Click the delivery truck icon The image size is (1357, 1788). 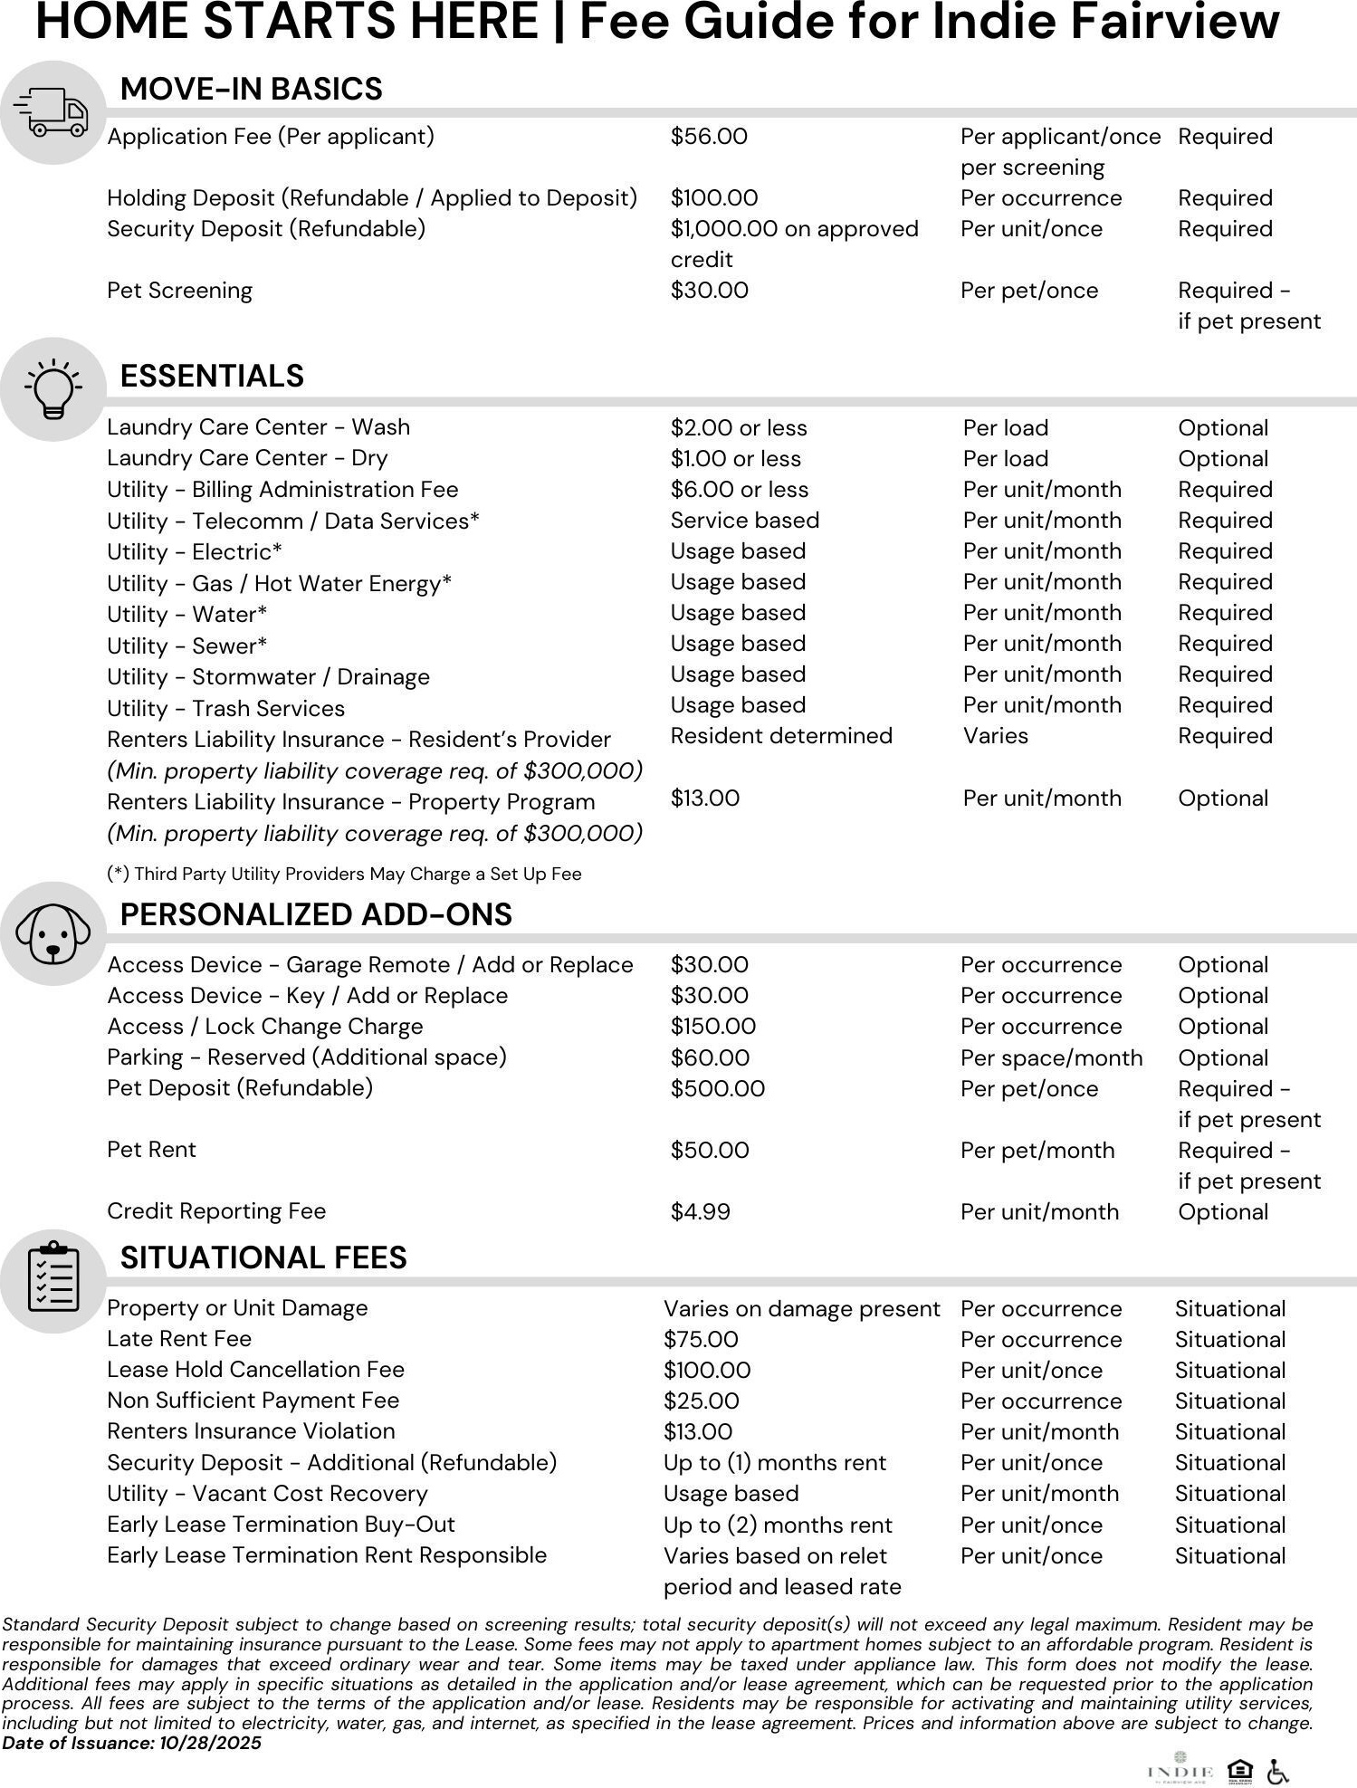point(53,112)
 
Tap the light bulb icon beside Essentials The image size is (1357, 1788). point(53,389)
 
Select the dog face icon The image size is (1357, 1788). point(53,933)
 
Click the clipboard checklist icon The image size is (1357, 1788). point(53,1278)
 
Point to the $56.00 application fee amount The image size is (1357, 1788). point(709,137)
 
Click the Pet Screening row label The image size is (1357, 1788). point(179,291)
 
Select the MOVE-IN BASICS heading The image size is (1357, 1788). point(251,89)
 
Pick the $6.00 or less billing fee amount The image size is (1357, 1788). point(739,490)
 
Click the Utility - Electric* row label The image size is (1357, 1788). point(195,552)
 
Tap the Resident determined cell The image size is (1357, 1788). point(781,736)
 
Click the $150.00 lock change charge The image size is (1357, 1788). point(712,1027)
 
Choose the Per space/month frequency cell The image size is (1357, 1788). point(1051,1058)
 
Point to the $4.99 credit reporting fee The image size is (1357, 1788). point(700,1212)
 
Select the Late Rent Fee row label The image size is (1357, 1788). point(179,1339)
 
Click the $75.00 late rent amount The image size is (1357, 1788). point(701,1340)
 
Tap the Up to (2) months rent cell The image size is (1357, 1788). point(778,1525)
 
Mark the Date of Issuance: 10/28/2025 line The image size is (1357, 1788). point(132,1744)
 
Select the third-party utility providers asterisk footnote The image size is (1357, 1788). point(344,875)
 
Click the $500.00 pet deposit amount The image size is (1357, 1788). point(717,1089)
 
